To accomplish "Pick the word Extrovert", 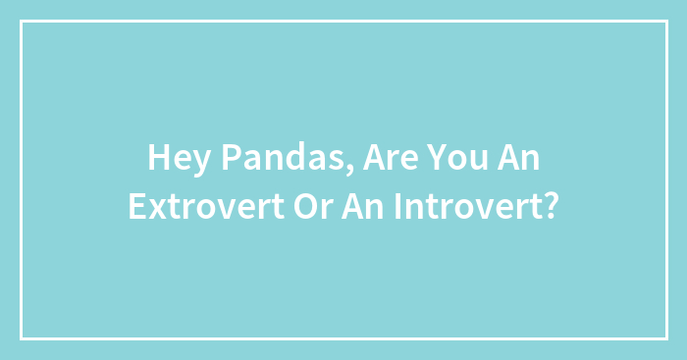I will (195, 207).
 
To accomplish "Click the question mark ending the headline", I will (551, 207).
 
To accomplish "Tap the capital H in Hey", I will (157, 158).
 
